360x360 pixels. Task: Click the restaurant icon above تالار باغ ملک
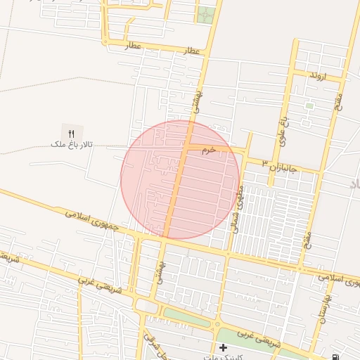[71, 134]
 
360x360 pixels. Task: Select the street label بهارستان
[326, 304]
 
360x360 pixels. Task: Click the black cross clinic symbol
[223, 347]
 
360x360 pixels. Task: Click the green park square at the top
[205, 14]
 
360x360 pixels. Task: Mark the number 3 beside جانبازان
[265, 163]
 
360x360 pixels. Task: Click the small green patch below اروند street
[309, 106]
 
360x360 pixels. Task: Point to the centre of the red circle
[180, 179]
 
